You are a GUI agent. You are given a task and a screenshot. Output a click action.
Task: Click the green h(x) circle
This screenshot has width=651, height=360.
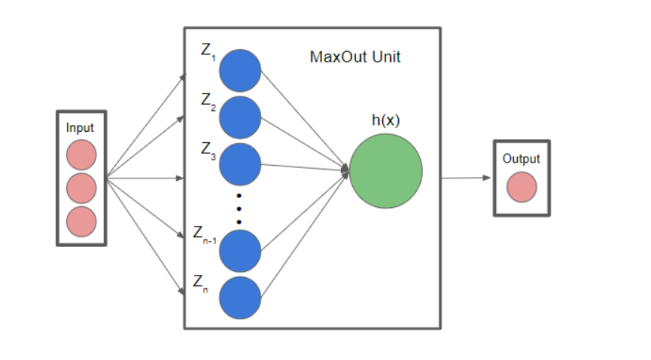click(385, 172)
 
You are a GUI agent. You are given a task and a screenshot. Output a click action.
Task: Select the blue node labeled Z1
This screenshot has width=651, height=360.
click(240, 71)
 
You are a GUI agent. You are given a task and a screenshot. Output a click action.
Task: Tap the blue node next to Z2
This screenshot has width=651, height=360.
click(240, 117)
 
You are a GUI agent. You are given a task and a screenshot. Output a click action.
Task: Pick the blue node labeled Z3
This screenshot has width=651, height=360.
click(240, 164)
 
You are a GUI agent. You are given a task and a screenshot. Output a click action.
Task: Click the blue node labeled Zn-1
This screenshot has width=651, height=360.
click(240, 250)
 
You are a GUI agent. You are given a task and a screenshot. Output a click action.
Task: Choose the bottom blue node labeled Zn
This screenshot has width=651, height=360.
click(240, 297)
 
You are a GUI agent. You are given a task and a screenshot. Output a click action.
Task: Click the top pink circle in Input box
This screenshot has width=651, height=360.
click(81, 155)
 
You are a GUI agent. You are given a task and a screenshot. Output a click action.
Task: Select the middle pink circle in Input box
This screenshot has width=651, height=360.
click(81, 188)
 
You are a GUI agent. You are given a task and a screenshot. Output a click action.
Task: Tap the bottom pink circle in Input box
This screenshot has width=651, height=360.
click(81, 221)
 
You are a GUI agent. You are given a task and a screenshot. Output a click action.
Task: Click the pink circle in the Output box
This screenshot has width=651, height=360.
click(522, 188)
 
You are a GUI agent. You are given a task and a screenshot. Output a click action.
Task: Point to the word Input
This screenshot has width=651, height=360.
click(81, 128)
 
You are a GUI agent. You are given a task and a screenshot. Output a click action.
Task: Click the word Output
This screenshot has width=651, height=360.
click(522, 159)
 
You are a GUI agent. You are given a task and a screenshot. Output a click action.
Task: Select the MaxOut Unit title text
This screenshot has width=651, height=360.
click(355, 57)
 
